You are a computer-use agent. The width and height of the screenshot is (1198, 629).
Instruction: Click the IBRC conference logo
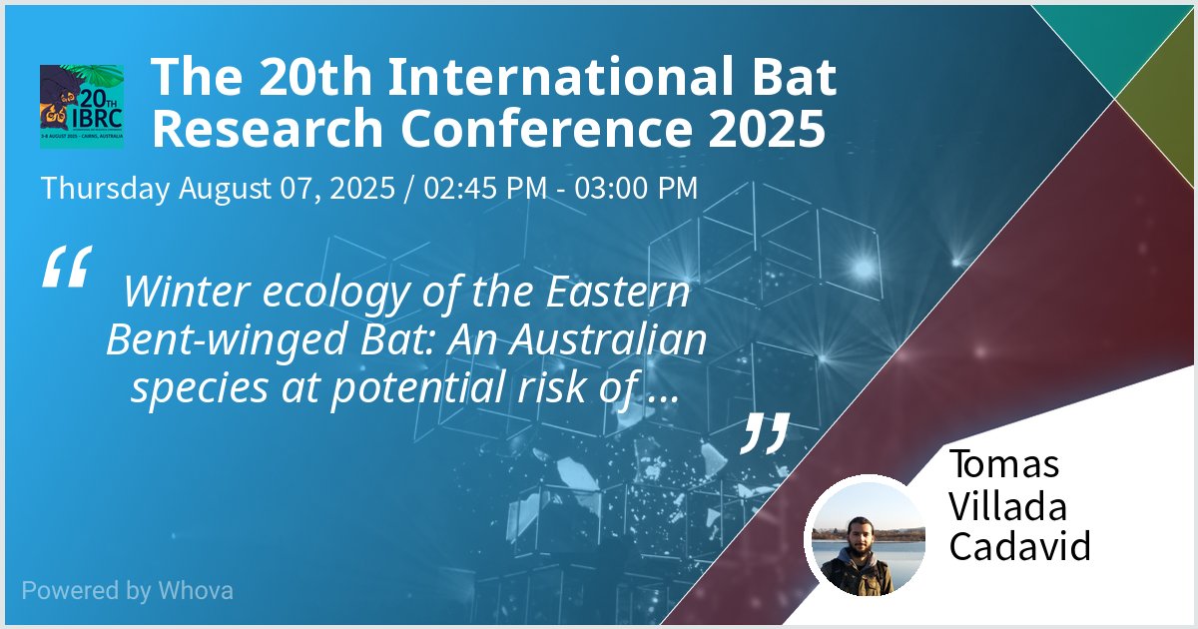82,107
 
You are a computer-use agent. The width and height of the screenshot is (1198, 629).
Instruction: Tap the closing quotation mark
767,431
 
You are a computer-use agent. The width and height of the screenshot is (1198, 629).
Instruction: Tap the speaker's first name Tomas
1003,464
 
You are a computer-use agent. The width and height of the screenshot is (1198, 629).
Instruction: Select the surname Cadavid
1018,546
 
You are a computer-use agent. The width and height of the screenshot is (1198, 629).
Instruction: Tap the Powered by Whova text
127,590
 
